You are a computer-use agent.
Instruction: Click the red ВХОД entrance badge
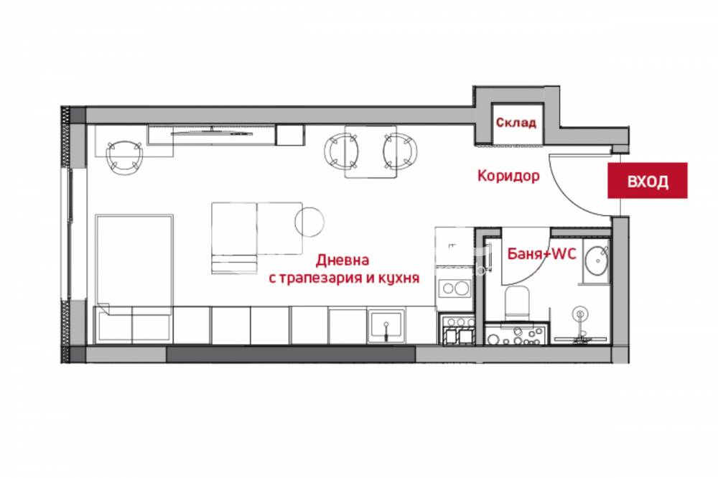647,180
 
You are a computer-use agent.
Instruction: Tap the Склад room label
516,123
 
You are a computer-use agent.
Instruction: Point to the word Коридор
508,176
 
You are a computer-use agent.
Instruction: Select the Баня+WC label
541,253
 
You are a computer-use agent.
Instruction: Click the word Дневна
342,261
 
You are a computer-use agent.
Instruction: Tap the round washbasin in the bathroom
597,261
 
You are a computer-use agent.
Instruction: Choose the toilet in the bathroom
517,302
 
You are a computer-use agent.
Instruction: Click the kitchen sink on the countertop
386,326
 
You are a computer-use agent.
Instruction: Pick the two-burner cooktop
454,288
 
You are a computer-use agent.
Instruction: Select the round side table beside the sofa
309,222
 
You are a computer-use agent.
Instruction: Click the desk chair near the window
124,156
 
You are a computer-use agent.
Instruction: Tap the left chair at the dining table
341,151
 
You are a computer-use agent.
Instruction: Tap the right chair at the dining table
400,151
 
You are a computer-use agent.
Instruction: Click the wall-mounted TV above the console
212,133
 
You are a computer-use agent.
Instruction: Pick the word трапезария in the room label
322,278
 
